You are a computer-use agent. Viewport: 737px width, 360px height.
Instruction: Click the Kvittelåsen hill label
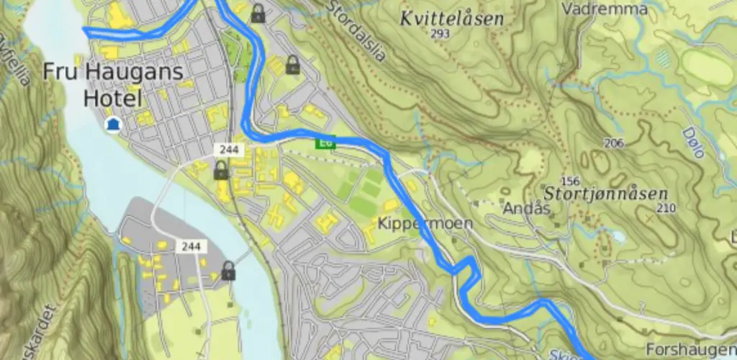451,19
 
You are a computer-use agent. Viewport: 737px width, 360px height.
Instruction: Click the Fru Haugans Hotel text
113,84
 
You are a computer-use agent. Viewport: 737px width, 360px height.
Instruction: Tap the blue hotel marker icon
112,125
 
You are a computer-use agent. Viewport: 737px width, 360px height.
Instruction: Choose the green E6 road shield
325,143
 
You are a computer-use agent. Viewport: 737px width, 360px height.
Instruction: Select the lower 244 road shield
191,246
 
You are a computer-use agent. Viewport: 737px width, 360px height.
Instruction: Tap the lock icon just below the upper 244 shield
221,170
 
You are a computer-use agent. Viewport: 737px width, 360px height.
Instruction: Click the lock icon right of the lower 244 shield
228,271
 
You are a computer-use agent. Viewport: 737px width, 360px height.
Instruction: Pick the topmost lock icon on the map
258,12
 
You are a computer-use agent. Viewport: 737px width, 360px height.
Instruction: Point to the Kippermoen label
425,223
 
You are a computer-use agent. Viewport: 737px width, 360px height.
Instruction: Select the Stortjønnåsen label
606,194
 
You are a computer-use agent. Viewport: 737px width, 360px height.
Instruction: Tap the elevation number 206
614,143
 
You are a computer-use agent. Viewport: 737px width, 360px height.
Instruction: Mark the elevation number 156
570,181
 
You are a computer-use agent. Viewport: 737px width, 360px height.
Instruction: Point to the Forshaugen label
689,349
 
